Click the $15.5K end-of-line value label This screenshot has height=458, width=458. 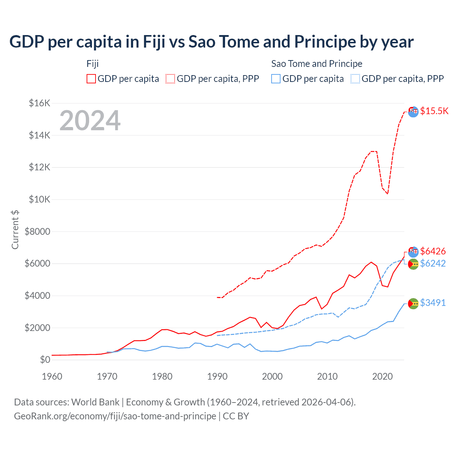[x=434, y=111]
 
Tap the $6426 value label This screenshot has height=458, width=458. [x=433, y=251]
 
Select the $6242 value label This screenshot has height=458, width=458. [x=433, y=263]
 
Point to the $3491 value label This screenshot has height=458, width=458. [x=433, y=303]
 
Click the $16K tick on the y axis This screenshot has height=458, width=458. [x=39, y=103]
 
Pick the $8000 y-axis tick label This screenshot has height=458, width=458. [x=38, y=232]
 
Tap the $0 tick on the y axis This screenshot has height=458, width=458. [x=45, y=360]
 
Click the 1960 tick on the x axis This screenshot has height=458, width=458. [x=52, y=376]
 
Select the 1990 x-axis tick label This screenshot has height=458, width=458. [x=217, y=376]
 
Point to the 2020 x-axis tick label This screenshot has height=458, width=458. [x=383, y=376]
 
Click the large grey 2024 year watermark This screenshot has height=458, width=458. [x=90, y=121]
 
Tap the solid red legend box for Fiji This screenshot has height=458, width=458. [x=91, y=79]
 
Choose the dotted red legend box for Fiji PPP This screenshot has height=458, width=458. [x=170, y=79]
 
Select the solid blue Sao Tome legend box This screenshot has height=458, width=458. [x=276, y=79]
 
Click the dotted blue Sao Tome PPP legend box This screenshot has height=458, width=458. [x=355, y=79]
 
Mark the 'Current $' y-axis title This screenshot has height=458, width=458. [x=15, y=230]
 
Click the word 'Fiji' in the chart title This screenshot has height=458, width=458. [x=154, y=42]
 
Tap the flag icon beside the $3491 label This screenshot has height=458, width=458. [x=413, y=304]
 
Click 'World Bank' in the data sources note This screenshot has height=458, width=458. [x=95, y=402]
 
